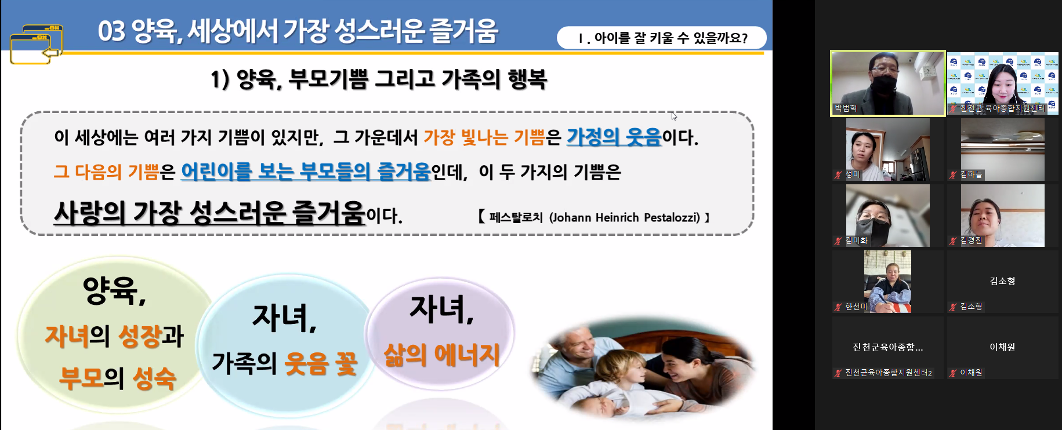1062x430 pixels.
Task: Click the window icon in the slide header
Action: [x=36, y=44]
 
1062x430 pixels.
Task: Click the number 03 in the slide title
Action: [x=111, y=31]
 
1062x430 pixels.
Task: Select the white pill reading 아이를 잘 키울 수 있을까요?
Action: [x=661, y=38]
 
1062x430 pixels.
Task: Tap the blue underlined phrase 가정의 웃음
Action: [x=614, y=137]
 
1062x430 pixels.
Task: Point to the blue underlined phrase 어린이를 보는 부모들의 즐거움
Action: [x=306, y=172]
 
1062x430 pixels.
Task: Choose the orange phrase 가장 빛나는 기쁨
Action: [x=484, y=137]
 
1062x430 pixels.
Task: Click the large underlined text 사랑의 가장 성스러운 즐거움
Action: [x=209, y=213]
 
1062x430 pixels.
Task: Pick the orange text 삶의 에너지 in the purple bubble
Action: [x=442, y=355]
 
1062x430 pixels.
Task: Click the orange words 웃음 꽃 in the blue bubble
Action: [x=321, y=363]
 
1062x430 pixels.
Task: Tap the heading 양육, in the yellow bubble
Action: [x=114, y=290]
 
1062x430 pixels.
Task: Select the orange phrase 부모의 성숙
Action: [x=117, y=378]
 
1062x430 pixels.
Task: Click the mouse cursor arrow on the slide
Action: [x=674, y=116]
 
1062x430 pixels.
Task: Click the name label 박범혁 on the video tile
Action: [x=846, y=108]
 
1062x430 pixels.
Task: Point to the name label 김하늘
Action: [x=971, y=174]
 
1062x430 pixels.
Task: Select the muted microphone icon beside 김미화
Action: [x=838, y=240]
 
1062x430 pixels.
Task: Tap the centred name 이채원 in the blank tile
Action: [x=1002, y=347]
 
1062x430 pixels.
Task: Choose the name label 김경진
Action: [x=971, y=240]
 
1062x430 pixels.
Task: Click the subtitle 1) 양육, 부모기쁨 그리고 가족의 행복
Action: [x=379, y=79]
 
